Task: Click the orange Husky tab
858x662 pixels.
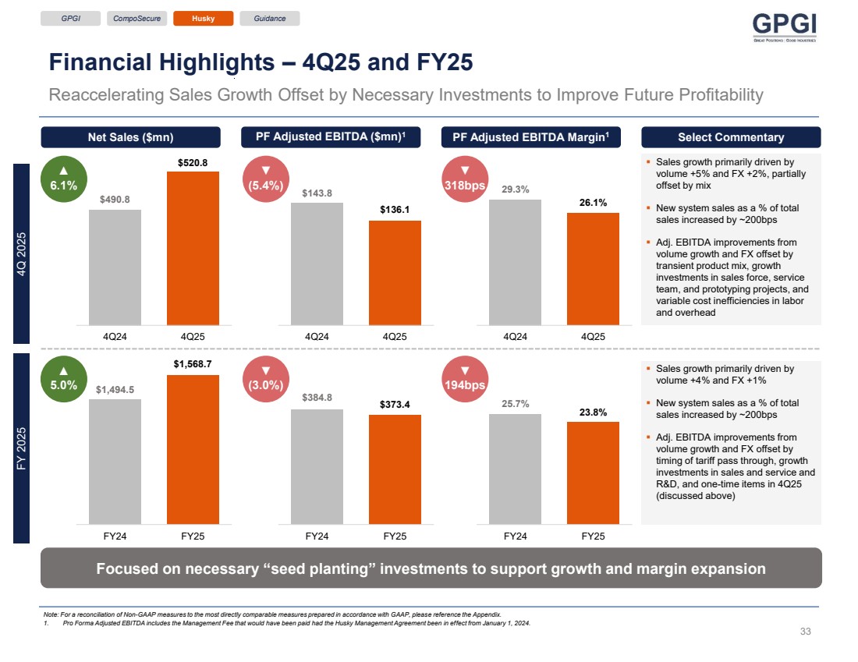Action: click(203, 18)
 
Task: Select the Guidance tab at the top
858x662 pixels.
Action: click(270, 18)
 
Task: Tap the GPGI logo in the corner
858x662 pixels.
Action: click(784, 28)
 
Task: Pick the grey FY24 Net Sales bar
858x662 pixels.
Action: click(115, 461)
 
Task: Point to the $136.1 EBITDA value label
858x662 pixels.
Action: click(395, 210)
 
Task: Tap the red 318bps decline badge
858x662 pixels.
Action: click(465, 179)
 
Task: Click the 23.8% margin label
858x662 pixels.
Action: click(593, 412)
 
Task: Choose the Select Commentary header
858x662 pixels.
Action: click(730, 137)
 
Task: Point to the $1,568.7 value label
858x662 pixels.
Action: click(193, 364)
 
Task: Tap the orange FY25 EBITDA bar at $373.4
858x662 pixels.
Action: click(395, 469)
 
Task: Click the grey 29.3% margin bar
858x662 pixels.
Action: click(515, 262)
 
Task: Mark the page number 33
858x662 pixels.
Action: click(807, 631)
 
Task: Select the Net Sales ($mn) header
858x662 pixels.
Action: click(130, 137)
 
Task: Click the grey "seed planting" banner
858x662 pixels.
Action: click(431, 568)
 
